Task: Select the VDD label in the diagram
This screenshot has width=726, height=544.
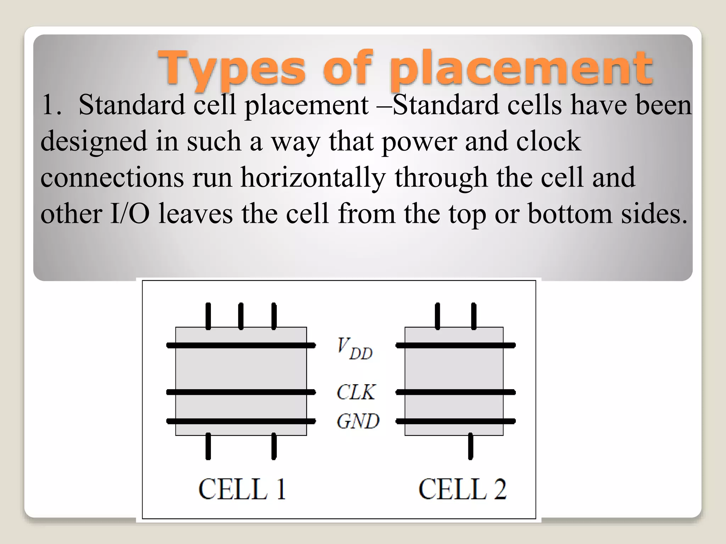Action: (354, 349)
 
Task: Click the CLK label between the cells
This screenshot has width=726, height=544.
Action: (356, 392)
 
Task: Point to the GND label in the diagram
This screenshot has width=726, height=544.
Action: (358, 421)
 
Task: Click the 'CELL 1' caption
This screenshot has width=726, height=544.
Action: (242, 489)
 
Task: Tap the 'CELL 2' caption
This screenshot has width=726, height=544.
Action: (462, 489)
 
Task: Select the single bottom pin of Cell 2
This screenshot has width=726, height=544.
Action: (470, 446)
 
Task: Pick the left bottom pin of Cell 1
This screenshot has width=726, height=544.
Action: (208, 446)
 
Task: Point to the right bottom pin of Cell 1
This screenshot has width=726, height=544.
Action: (274, 446)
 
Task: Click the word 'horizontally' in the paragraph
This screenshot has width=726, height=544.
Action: (313, 177)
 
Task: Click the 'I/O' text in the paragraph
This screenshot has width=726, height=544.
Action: (130, 214)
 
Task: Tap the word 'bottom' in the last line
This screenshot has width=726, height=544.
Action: (570, 214)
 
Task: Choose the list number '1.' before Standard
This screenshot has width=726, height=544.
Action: (51, 105)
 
